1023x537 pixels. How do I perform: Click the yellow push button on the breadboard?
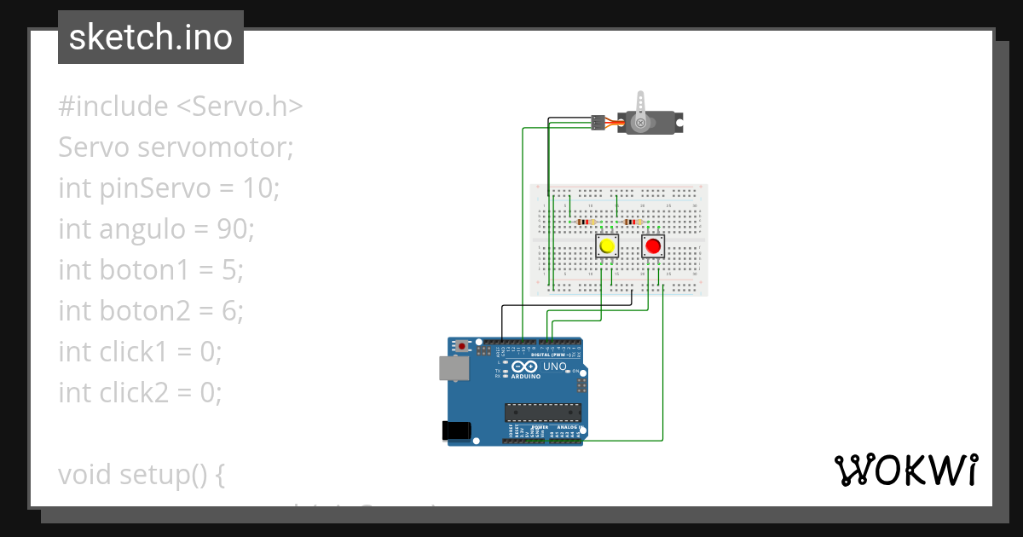pos(607,246)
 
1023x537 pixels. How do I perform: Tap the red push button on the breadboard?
pos(653,246)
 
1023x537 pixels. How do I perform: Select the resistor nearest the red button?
pos(632,222)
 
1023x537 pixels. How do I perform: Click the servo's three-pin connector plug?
pos(598,124)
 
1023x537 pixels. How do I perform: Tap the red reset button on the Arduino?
pos(462,346)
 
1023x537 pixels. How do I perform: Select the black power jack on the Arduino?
pos(457,430)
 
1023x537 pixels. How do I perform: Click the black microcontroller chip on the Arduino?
pos(541,413)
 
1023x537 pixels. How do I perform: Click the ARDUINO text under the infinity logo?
pos(526,376)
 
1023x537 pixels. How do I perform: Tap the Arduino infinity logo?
pos(525,367)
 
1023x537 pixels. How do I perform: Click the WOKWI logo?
pos(905,470)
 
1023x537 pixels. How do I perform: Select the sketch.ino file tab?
pos(151,38)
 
